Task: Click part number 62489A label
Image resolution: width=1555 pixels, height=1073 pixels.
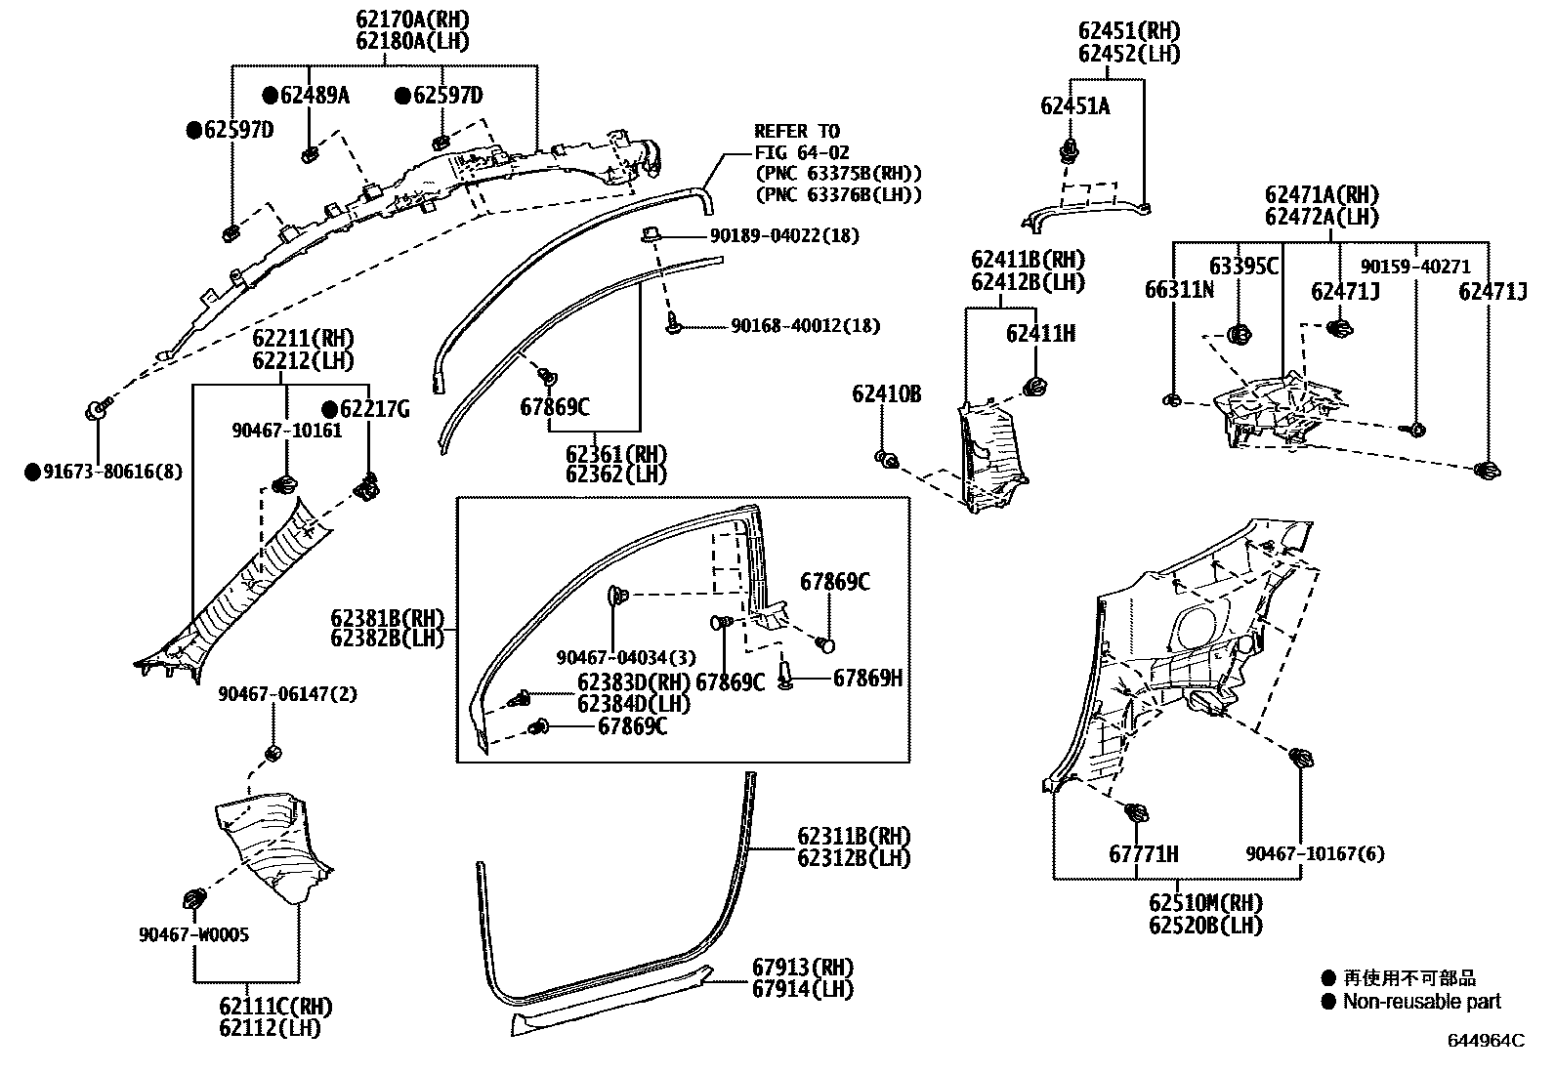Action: (x=315, y=96)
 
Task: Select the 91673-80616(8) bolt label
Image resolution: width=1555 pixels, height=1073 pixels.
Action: (x=113, y=473)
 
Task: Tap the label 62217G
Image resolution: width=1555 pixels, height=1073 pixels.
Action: (x=376, y=410)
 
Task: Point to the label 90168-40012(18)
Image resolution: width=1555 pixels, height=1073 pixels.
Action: (x=805, y=326)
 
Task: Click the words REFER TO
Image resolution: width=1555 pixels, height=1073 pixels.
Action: (x=796, y=132)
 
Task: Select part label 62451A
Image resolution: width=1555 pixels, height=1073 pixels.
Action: (x=1074, y=107)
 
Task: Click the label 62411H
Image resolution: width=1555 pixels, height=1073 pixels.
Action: (x=1040, y=335)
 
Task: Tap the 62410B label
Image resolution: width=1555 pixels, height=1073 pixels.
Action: (x=886, y=394)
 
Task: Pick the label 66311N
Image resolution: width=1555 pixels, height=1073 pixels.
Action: (x=1179, y=290)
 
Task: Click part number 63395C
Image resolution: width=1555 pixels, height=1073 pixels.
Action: (x=1243, y=267)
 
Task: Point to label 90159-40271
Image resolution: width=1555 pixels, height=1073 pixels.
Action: (x=1415, y=268)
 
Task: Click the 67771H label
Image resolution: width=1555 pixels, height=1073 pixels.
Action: (x=1143, y=854)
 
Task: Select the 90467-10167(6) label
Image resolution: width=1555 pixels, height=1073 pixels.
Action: (x=1315, y=854)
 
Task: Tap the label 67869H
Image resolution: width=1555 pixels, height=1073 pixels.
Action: (x=867, y=679)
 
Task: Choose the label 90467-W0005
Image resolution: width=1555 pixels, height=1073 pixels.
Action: (x=193, y=935)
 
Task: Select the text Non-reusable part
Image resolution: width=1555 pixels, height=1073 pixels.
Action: (x=1421, y=1002)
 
